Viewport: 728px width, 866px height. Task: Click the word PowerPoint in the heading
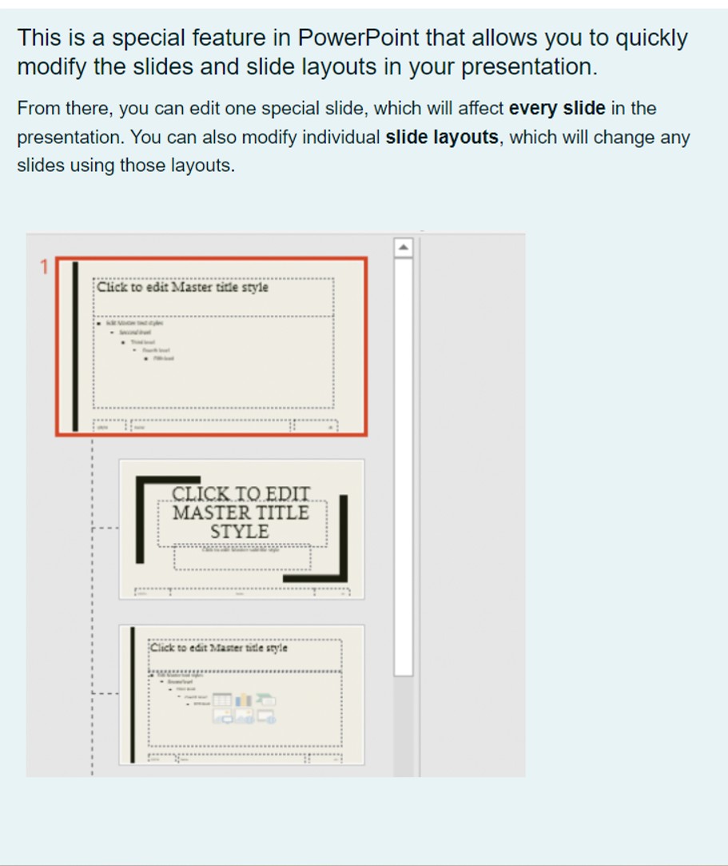[x=358, y=38]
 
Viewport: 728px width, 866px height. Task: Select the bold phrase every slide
[x=557, y=109]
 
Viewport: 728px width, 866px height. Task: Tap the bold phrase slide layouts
[x=441, y=138]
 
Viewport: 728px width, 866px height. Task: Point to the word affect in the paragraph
[x=480, y=109]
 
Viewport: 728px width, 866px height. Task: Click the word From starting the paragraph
[x=38, y=109]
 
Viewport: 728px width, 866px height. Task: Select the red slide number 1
[x=45, y=267]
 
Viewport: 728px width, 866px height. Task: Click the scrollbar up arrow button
[x=404, y=248]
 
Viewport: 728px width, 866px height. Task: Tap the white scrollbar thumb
[x=404, y=464]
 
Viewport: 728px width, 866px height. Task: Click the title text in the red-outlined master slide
[x=182, y=287]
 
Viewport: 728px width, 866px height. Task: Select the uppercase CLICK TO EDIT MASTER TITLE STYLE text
[x=241, y=513]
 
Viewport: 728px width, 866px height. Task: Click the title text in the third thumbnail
[x=218, y=649]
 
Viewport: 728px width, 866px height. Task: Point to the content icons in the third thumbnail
[x=244, y=708]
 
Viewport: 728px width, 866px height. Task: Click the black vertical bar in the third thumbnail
[x=133, y=694]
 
